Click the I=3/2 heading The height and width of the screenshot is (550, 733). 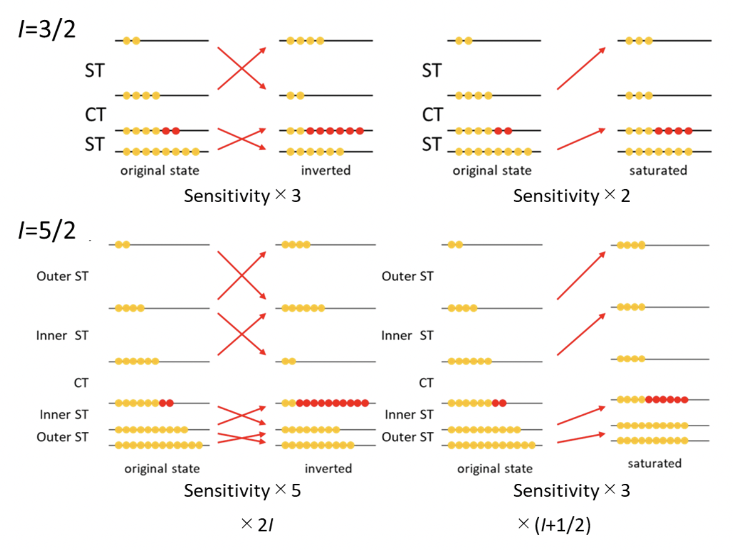pyautogui.click(x=47, y=29)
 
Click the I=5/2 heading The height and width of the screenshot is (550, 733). pyautogui.click(x=47, y=230)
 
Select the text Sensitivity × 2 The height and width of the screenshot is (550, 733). pyautogui.click(x=571, y=196)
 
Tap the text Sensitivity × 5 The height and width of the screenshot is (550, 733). pyautogui.click(x=242, y=490)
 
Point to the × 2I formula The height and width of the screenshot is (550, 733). pyautogui.click(x=257, y=524)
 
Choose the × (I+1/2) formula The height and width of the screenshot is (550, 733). pyautogui.click(x=554, y=524)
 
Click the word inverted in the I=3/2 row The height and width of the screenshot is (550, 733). pyautogui.click(x=326, y=170)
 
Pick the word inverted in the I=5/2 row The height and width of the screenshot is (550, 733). pyautogui.click(x=328, y=469)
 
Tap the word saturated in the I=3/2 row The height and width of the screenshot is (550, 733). pyautogui.click(x=658, y=170)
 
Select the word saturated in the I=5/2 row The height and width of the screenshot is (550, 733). pyautogui.click(x=654, y=463)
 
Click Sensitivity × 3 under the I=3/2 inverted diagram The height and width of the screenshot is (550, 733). pyautogui.click(x=242, y=196)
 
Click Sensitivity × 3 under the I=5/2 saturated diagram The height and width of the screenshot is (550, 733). pyautogui.click(x=571, y=490)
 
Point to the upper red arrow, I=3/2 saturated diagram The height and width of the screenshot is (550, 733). pyautogui.click(x=581, y=68)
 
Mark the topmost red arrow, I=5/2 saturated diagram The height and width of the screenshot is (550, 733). pyautogui.click(x=581, y=276)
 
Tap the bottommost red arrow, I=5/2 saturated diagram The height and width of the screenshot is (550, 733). pyautogui.click(x=581, y=438)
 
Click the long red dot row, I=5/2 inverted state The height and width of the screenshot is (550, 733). pyautogui.click(x=332, y=403)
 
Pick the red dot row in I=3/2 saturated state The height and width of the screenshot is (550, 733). pyautogui.click(x=673, y=131)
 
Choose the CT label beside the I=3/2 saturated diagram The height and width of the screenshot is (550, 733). pyautogui.click(x=432, y=115)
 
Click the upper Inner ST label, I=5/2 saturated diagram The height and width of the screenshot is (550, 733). pyautogui.click(x=407, y=336)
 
